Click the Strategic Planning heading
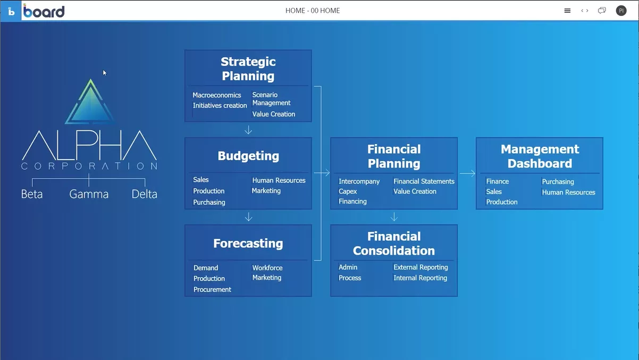coord(248,69)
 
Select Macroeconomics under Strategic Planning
coord(217,95)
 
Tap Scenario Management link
coord(271,99)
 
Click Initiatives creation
coord(220,105)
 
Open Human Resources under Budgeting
coord(279,180)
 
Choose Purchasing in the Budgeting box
coord(209,202)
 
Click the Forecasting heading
coord(248,244)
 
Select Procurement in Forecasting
coord(212,289)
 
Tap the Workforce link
coord(267,268)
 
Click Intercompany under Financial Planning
coord(359,181)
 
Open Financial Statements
coord(424,181)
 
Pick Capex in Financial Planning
coord(348,191)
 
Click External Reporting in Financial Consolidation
coord(421,267)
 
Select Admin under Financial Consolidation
coord(348,267)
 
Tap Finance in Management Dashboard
coord(498,181)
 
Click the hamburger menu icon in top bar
coord(567,11)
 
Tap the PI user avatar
coord(621,11)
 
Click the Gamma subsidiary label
coord(89,194)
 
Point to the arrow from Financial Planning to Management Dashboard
coord(467,173)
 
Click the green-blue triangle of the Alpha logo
coord(90,103)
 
